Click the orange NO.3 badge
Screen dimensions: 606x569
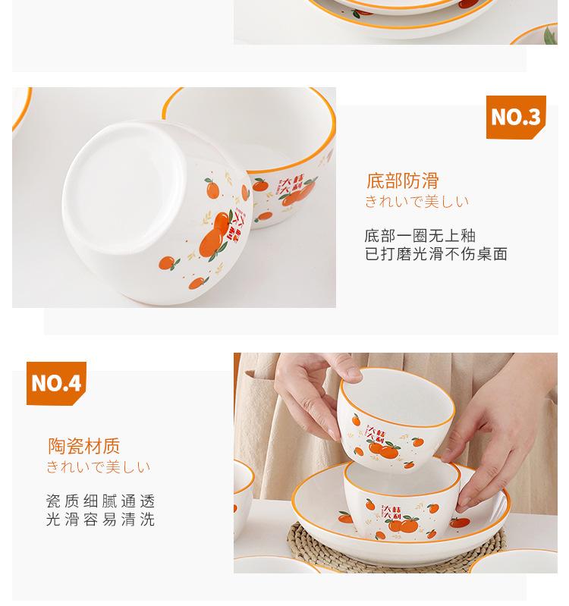tap(516, 117)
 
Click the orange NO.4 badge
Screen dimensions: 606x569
tap(56, 383)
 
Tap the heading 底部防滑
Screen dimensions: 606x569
tap(402, 181)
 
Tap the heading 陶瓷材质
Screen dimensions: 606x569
tap(83, 446)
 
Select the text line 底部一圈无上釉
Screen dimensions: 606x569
tap(420, 235)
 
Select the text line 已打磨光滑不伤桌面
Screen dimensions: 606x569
tap(435, 254)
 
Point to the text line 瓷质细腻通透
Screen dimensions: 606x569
tap(100, 501)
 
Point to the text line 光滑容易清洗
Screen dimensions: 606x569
tap(100, 520)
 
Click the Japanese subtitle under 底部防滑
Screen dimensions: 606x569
tap(417, 202)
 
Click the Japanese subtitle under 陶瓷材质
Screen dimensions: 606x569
tap(98, 467)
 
